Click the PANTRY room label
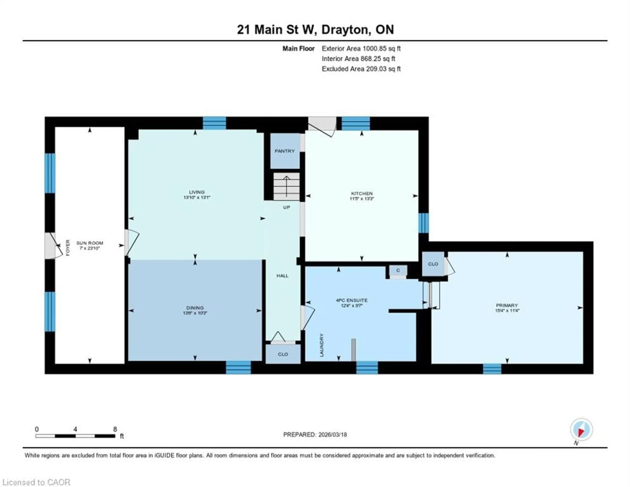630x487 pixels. (x=284, y=151)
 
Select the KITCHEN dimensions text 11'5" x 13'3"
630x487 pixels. (x=362, y=199)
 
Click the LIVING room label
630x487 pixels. (x=197, y=192)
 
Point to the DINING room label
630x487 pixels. (x=195, y=308)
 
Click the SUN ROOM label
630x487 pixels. (x=90, y=243)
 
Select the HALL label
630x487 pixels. (x=282, y=276)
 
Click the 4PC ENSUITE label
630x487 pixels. (x=351, y=300)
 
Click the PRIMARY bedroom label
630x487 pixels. (x=507, y=305)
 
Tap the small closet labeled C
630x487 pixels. (x=398, y=271)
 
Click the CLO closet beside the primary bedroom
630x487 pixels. (x=433, y=264)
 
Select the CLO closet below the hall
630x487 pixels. (x=283, y=354)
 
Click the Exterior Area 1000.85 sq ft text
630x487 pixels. (x=361, y=48)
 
